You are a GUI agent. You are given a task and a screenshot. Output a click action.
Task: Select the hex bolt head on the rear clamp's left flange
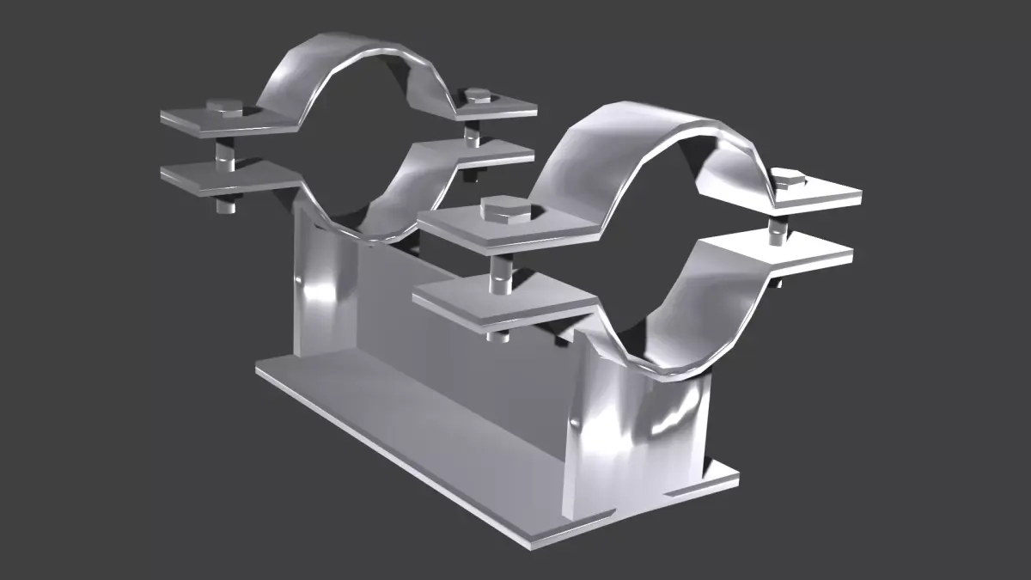click(x=226, y=107)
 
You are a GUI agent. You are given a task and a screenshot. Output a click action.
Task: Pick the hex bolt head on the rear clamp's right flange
click(x=475, y=95)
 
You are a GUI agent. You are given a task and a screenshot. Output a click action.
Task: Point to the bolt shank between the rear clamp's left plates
click(x=224, y=153)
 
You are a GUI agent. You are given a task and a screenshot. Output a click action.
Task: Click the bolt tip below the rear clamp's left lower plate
click(x=225, y=205)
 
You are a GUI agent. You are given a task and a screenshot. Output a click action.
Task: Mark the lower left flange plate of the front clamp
click(x=503, y=305)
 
